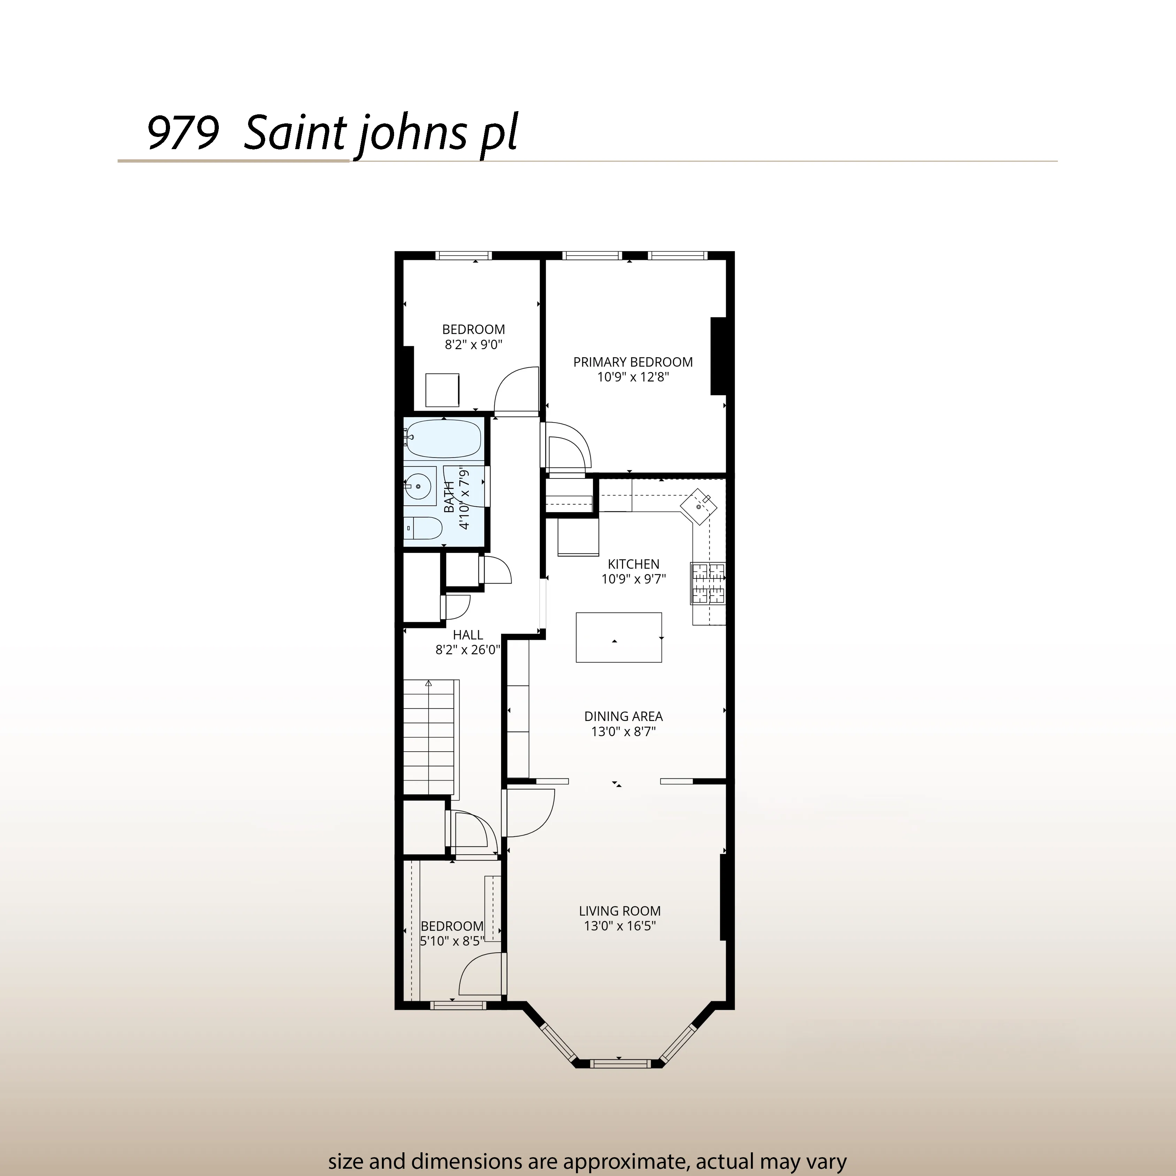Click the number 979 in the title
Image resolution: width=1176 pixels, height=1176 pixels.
(x=183, y=133)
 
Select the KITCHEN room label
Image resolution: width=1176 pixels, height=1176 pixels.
(x=633, y=564)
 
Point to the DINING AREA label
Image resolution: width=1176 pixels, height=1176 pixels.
(x=623, y=716)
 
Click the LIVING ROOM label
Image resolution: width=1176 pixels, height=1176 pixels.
(x=620, y=911)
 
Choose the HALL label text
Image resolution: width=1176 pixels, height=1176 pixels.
(x=468, y=635)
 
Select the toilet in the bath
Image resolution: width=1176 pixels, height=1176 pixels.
(x=422, y=528)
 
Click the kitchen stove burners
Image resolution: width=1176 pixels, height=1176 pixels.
(x=708, y=583)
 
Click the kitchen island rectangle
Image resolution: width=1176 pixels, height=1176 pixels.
(x=618, y=637)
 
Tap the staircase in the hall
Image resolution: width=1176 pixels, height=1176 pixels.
(x=429, y=737)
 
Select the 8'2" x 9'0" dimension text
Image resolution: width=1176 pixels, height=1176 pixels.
(x=474, y=345)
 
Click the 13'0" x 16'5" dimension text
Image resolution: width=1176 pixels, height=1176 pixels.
(x=620, y=927)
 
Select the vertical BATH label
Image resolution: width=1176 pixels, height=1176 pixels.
(x=449, y=497)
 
